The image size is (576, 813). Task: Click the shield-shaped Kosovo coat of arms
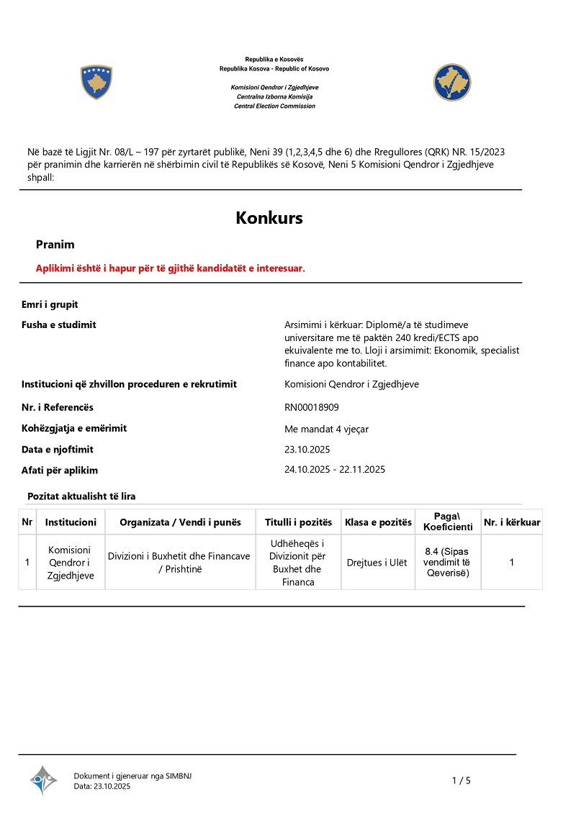click(96, 82)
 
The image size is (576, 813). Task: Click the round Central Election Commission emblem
click(452, 82)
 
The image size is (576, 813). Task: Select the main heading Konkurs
click(269, 218)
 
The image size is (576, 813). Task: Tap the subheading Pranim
click(55, 245)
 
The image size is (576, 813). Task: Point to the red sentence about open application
click(171, 268)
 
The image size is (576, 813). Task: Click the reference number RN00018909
click(312, 407)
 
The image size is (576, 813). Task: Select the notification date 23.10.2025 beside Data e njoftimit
click(307, 450)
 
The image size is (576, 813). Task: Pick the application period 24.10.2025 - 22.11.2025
click(335, 470)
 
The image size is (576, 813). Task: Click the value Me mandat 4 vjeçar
click(327, 429)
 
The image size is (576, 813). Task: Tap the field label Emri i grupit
click(50, 304)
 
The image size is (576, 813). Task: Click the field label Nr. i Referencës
click(58, 407)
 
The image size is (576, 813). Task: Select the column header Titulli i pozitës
click(298, 522)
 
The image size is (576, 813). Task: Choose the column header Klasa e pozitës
click(378, 522)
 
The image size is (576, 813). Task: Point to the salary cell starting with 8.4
click(447, 562)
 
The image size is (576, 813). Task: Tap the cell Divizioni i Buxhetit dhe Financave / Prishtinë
click(179, 562)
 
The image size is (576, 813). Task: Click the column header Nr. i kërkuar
click(511, 522)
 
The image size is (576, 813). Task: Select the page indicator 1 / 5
click(461, 781)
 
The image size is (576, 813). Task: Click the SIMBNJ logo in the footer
click(43, 780)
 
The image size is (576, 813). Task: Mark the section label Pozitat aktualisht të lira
click(81, 496)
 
